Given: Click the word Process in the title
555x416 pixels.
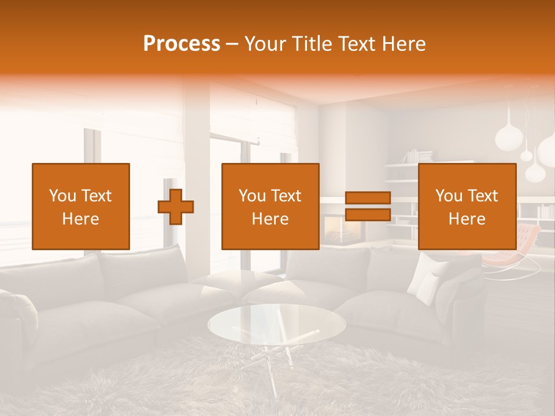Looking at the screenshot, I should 182,44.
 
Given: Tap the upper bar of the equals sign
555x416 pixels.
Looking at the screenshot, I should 368,198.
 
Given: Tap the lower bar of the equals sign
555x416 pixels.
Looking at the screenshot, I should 368,214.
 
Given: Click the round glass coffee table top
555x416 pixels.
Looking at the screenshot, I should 277,323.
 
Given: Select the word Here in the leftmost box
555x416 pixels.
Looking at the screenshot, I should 80,219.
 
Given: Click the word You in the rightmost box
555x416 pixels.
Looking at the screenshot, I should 449,196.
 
